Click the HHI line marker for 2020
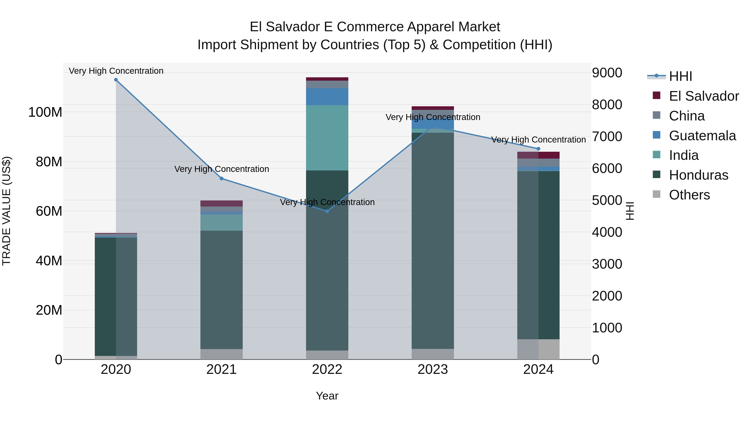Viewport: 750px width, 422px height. click(x=116, y=80)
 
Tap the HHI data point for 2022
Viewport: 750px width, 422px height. click(x=327, y=211)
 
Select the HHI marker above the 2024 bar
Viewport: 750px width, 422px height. click(x=538, y=149)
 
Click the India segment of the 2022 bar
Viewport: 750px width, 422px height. click(x=327, y=138)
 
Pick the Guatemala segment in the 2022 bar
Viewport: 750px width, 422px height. click(x=327, y=96)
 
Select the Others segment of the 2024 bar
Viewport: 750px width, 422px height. click(x=538, y=349)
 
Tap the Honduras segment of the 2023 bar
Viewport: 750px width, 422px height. click(x=433, y=240)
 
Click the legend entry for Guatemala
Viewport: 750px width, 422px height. click(x=702, y=136)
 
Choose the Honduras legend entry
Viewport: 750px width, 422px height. click(x=698, y=175)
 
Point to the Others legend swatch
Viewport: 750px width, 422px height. click(x=656, y=194)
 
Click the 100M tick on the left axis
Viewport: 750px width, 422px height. click(x=45, y=112)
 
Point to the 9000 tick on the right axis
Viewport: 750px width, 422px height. click(x=607, y=73)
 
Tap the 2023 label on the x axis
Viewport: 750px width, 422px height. click(x=433, y=369)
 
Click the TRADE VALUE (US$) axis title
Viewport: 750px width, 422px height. click(x=6, y=211)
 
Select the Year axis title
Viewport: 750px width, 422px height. click(x=327, y=396)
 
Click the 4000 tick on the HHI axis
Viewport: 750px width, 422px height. click(x=607, y=232)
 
